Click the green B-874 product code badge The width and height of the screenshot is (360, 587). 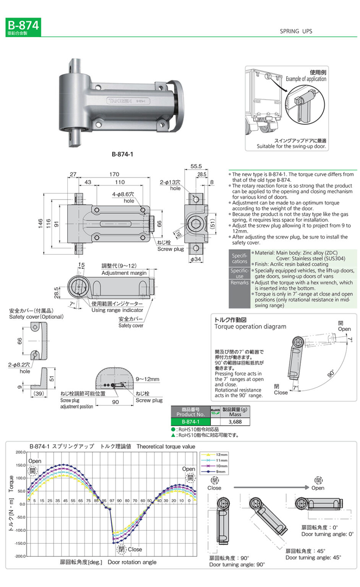[x=23, y=27]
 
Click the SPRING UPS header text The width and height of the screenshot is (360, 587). [x=296, y=31]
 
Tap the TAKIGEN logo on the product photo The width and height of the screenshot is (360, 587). [x=120, y=101]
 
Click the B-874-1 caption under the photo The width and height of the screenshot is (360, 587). [x=122, y=154]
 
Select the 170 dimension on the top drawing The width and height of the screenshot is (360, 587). [x=114, y=174]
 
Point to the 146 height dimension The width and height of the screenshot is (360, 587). [x=41, y=224]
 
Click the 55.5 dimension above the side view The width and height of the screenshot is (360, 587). [x=196, y=166]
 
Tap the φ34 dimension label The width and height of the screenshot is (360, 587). [x=196, y=259]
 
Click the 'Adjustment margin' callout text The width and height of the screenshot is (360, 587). [x=124, y=273]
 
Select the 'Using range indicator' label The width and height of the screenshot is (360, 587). [x=117, y=310]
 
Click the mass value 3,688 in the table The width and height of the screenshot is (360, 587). [x=235, y=422]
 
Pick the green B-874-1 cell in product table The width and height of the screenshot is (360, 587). [x=190, y=422]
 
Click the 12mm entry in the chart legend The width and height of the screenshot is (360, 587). [x=221, y=455]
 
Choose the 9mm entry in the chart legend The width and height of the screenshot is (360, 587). [x=221, y=472]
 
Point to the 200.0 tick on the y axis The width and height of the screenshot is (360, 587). [x=20, y=452]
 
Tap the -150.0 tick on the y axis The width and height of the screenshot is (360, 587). [x=20, y=543]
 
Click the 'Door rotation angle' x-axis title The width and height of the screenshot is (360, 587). [x=132, y=562]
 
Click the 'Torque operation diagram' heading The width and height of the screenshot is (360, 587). [x=250, y=326]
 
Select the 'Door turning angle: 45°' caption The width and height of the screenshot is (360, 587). [x=313, y=558]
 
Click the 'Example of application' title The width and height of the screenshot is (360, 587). [x=306, y=79]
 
